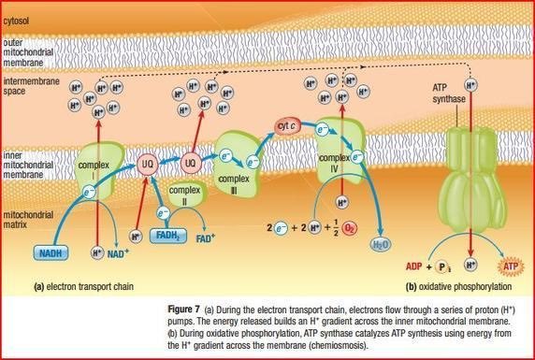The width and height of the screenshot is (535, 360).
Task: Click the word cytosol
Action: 18,17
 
